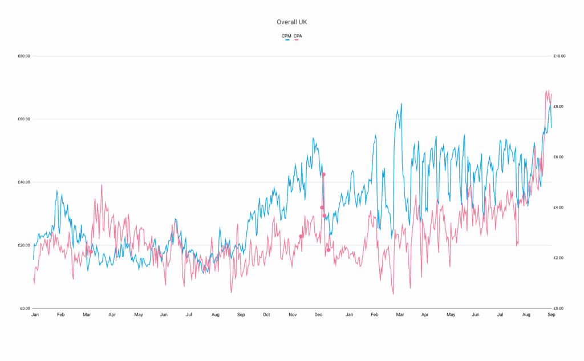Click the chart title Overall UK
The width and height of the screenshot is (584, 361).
[x=291, y=22]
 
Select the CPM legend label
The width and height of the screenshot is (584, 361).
[x=286, y=36]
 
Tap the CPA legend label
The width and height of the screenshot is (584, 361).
[x=298, y=36]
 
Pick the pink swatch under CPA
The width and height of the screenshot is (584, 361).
[x=297, y=40]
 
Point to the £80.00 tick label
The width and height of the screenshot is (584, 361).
[x=23, y=56]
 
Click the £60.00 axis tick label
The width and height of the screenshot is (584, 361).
[x=23, y=119]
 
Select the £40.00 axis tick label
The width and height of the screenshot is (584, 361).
[x=23, y=182]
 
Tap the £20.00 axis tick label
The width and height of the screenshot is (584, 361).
[x=23, y=245]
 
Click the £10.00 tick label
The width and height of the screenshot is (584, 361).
[x=559, y=56]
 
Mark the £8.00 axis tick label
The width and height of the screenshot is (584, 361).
[x=559, y=107]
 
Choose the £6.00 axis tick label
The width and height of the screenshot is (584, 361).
[x=559, y=157]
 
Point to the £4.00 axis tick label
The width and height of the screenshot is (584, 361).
[x=559, y=208]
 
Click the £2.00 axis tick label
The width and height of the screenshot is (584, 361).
[x=559, y=258]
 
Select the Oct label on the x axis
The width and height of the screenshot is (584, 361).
[x=266, y=315]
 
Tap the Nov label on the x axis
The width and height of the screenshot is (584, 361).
[x=293, y=315]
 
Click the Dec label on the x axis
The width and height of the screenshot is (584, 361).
[x=318, y=315]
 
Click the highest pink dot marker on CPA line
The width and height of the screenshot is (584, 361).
[x=323, y=175]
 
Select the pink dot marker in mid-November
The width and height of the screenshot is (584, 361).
[x=301, y=236]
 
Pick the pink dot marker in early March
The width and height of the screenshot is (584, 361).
[x=91, y=252]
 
